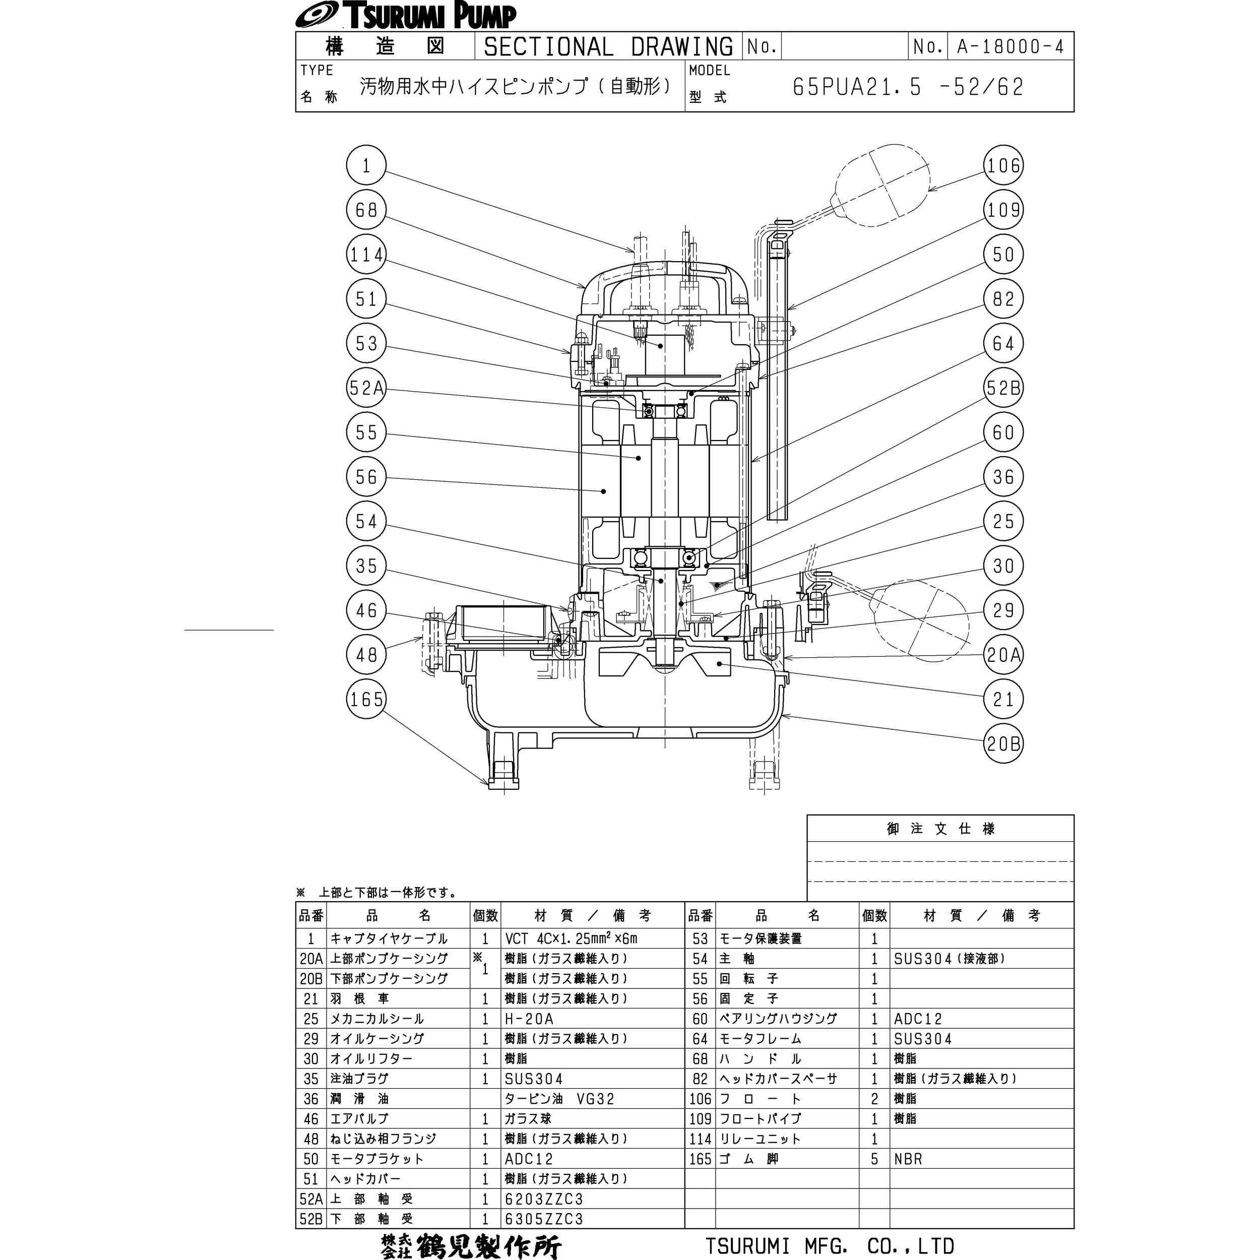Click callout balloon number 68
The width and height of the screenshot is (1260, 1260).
click(366, 210)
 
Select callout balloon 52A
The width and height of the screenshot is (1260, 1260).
click(366, 388)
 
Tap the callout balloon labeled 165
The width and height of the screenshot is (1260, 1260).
click(366, 699)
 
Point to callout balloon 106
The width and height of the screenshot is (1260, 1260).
click(1003, 166)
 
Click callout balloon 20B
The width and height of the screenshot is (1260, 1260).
click(1003, 743)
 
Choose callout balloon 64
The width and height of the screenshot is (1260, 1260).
click(1003, 344)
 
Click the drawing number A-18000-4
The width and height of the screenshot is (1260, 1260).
click(1010, 46)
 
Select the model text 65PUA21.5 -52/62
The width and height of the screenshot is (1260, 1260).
click(908, 87)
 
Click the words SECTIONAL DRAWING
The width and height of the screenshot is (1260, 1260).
click(608, 46)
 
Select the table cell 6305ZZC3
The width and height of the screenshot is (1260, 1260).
click(544, 1218)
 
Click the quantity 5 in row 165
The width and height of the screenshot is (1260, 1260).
click(874, 1159)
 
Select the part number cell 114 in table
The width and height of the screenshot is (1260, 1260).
click(700, 1139)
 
